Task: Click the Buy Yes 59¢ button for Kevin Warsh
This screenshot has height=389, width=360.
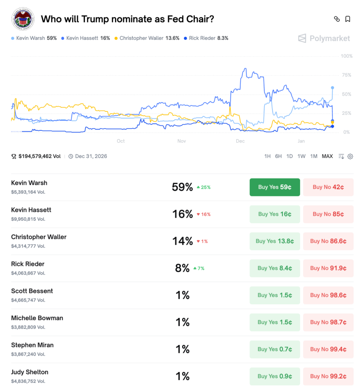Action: [275, 187]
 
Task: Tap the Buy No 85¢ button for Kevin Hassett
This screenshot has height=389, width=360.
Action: [328, 214]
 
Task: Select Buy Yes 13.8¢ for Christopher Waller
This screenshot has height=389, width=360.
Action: [275, 241]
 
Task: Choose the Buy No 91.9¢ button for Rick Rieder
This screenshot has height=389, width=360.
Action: [328, 268]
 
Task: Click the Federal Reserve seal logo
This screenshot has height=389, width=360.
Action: [22, 19]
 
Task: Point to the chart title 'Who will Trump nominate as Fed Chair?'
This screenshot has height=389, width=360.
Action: [127, 19]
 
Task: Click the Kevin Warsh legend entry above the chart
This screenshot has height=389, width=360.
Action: [34, 38]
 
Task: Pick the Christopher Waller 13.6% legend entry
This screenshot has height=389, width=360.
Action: [149, 38]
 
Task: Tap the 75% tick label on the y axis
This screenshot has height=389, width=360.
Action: [346, 75]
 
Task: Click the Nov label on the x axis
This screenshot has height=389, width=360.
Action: [182, 141]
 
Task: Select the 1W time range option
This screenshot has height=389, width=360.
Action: [302, 156]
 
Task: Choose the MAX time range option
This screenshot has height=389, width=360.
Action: [327, 156]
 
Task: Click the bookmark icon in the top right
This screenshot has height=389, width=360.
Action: [347, 19]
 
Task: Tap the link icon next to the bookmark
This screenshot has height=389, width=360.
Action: [336, 19]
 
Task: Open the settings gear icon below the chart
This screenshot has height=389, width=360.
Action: [350, 156]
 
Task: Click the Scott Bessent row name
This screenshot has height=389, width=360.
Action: [32, 291]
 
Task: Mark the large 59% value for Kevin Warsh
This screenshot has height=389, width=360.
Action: [182, 187]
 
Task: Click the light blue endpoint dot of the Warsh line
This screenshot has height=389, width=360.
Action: [333, 88]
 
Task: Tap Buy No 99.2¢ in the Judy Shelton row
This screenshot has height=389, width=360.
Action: [328, 376]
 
